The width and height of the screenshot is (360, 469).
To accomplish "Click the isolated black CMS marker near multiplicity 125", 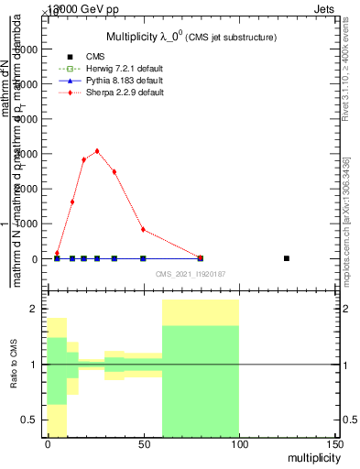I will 287,258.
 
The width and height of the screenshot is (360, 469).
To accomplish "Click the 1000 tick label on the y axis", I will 27,224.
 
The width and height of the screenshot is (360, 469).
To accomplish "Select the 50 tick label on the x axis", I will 143,444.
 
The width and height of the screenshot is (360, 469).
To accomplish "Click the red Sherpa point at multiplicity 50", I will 143,229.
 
